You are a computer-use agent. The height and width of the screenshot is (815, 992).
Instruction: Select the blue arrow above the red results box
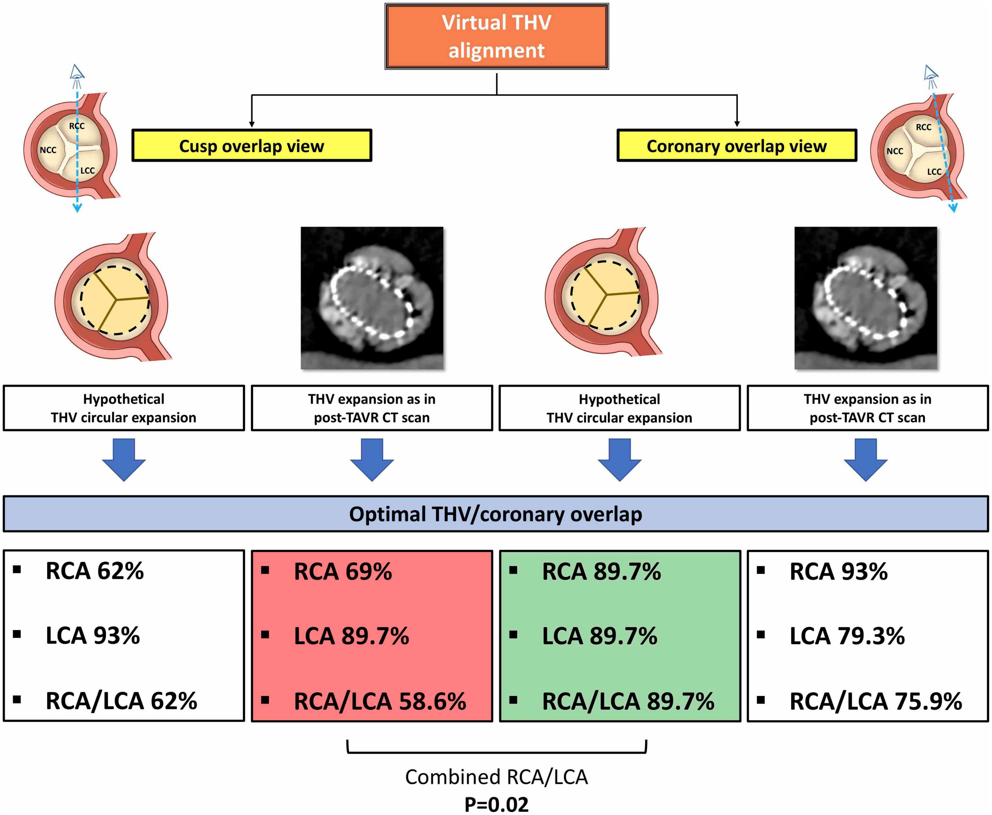[x=372, y=459]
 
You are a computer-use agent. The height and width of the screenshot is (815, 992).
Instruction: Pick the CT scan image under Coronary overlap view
[x=865, y=298]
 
